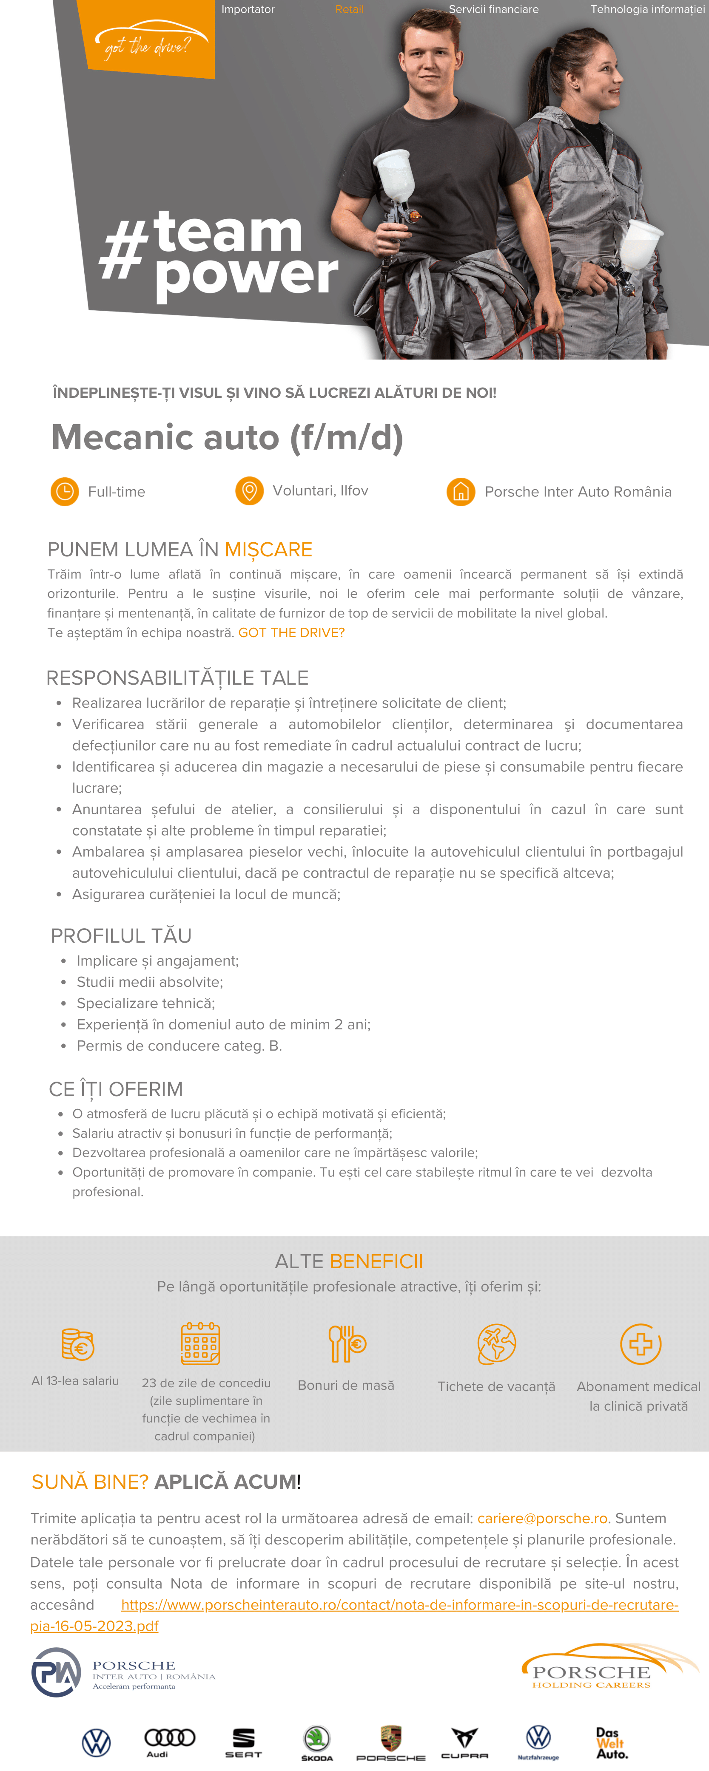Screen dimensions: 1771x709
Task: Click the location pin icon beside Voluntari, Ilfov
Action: pyautogui.click(x=250, y=491)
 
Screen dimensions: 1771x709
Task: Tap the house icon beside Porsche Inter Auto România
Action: pyautogui.click(x=461, y=492)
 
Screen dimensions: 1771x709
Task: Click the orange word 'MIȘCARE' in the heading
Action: pyautogui.click(x=268, y=549)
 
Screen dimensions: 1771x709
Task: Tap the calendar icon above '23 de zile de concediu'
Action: pyautogui.click(x=200, y=1343)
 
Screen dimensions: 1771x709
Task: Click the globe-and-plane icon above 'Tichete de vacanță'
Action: pyautogui.click(x=496, y=1344)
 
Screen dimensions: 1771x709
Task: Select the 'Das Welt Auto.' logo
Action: pyautogui.click(x=611, y=1743)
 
